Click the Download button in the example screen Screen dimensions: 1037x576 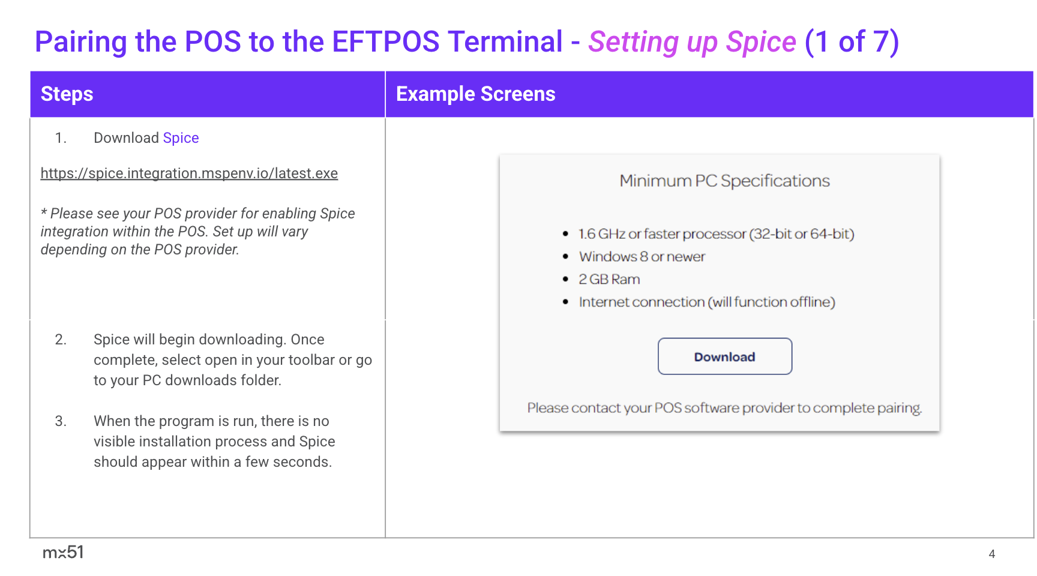[725, 356]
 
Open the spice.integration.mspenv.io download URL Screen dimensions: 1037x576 [189, 173]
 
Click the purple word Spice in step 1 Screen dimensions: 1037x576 [181, 138]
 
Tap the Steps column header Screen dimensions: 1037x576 [67, 94]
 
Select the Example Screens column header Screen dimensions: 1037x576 [476, 94]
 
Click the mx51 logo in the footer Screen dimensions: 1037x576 [63, 552]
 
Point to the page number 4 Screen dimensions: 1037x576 [992, 554]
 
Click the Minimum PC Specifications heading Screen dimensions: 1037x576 [725, 181]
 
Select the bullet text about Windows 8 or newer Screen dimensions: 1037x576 [642, 257]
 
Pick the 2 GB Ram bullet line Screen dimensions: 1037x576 [609, 280]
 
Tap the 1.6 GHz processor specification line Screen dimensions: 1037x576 [717, 234]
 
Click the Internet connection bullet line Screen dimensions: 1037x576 [707, 302]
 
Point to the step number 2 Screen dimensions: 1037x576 [61, 340]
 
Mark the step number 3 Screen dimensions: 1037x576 [61, 421]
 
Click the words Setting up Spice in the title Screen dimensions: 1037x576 [692, 42]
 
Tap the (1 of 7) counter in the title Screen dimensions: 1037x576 [852, 42]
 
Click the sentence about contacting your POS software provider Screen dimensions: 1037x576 [725, 408]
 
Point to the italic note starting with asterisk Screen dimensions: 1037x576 [198, 232]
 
